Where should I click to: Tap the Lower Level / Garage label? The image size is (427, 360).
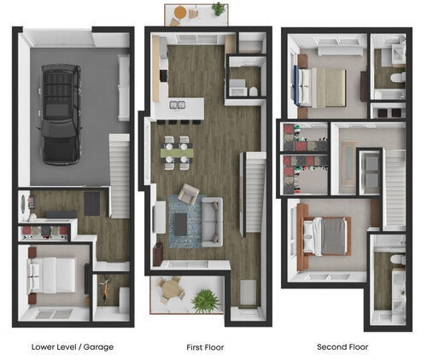pos(72,347)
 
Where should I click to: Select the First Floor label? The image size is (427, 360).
pos(205,347)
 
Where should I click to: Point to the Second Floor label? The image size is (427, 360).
pos(342,347)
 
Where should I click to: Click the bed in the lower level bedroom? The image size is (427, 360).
pos(54,275)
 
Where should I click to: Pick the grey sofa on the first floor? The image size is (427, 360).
pos(211,220)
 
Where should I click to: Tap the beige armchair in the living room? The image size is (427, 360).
pos(189,195)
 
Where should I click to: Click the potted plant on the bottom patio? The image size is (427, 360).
pos(205,300)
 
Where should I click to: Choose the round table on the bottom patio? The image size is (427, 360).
pos(172,289)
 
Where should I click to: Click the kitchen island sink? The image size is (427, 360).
pos(178,105)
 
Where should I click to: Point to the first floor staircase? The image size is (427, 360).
pos(252,192)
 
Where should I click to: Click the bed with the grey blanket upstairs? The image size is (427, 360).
pos(325,235)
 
